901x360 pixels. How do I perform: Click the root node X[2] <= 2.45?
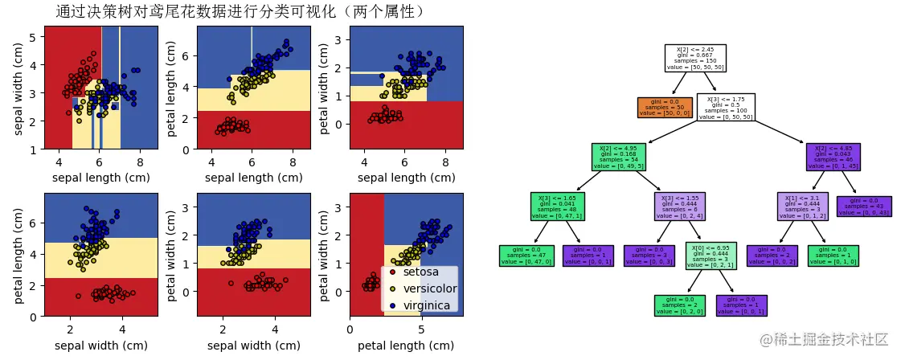tap(695, 58)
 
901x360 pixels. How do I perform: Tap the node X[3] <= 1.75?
tap(725, 108)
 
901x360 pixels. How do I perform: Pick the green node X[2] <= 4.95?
tap(619, 157)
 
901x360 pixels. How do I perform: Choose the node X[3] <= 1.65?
tap(556, 206)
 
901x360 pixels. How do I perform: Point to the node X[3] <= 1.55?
tap(680, 206)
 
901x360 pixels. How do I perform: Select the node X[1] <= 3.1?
tap(802, 206)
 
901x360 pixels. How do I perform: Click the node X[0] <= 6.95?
tap(711, 256)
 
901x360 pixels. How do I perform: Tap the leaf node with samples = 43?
tap(863, 206)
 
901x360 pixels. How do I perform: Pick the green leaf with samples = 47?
tap(526, 256)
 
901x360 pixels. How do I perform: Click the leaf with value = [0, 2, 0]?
tap(680, 305)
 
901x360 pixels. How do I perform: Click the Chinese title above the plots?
tap(241, 11)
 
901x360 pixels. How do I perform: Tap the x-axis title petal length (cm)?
tap(406, 346)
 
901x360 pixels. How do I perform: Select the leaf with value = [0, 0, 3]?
tap(649, 256)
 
